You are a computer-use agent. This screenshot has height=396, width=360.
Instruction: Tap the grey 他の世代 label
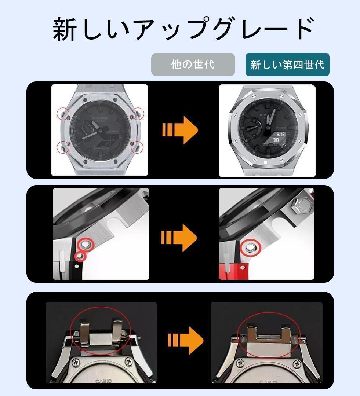coord(193,65)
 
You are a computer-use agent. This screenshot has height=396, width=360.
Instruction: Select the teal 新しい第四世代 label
coord(287,65)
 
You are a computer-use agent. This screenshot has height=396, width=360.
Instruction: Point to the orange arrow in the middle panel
coord(179,237)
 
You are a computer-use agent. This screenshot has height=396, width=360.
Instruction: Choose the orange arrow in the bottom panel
coord(185,341)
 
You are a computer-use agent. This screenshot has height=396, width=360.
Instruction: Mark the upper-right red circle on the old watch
coord(138,113)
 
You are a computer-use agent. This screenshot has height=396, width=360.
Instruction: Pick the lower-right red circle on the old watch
coord(137,147)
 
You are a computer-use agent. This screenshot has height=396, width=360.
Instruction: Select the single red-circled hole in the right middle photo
coord(250,248)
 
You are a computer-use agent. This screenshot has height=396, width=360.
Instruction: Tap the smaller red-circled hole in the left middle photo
coord(80,256)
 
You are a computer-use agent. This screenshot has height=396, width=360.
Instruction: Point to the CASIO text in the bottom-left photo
coord(103,381)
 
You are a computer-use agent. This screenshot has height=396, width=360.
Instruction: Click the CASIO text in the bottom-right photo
coord(268,382)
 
